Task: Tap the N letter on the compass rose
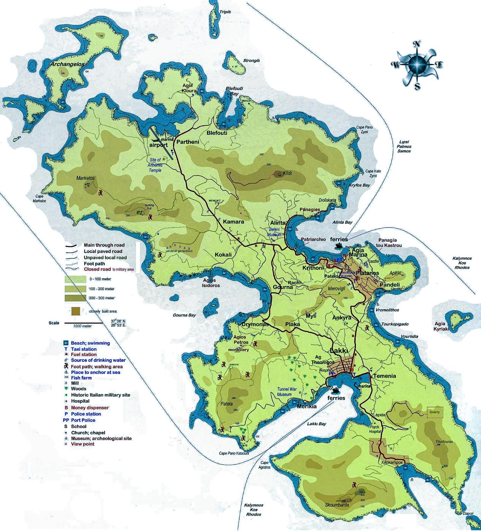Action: tap(417, 44)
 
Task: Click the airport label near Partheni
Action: tap(158, 146)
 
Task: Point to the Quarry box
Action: tap(435, 412)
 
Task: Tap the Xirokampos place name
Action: tap(392, 463)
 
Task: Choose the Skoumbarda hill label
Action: tap(337, 505)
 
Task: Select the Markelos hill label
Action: tap(85, 178)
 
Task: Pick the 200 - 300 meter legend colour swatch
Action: tap(75, 298)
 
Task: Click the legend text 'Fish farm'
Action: tap(81, 378)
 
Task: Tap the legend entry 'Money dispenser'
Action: tap(90, 408)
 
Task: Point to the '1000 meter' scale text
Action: tap(82, 326)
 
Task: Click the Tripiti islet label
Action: tap(225, 12)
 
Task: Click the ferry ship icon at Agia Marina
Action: tap(338, 246)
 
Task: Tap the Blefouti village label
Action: tap(217, 133)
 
